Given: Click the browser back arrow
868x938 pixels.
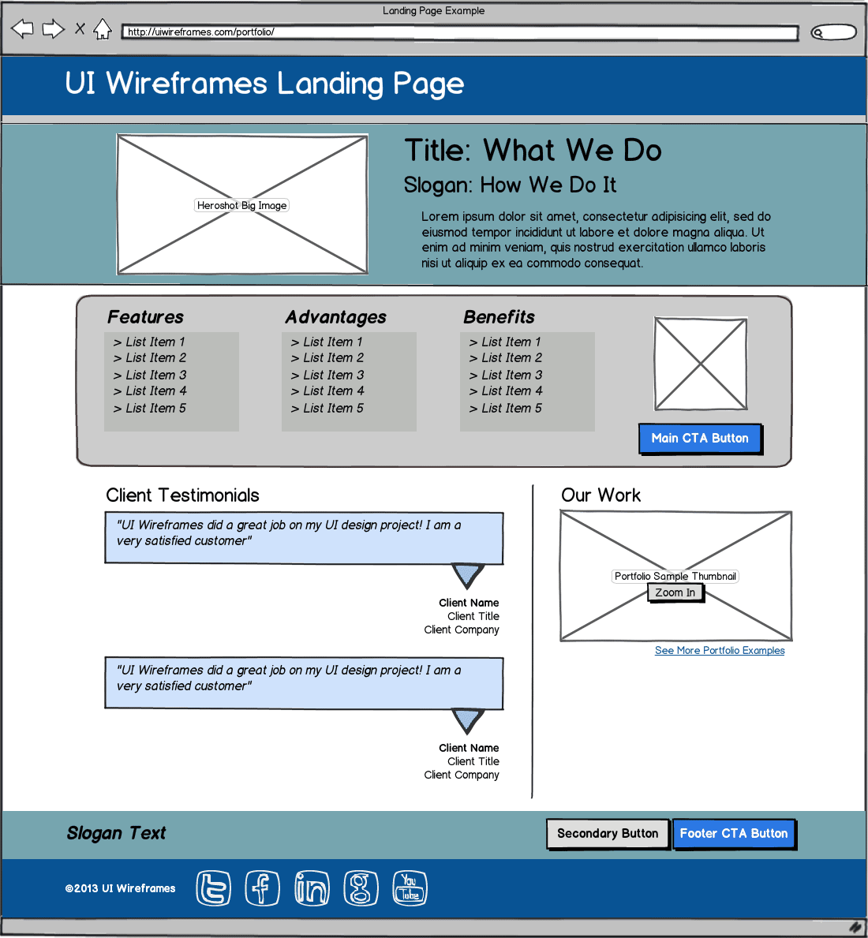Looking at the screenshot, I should (22, 30).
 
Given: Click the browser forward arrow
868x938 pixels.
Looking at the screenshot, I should (53, 30).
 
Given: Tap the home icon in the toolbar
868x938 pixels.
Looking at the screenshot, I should (103, 30).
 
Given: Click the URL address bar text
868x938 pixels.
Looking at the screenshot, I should (201, 32).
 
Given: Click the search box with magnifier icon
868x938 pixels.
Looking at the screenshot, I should (834, 32).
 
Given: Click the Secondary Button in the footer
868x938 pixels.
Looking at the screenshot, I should (607, 834).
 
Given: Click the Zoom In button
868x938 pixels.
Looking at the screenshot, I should (675, 592).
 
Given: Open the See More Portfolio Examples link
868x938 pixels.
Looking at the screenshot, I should (720, 651).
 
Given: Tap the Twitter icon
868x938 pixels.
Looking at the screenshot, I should (213, 888).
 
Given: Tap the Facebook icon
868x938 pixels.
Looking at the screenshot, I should (262, 888).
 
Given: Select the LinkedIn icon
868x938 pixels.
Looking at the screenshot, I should (312, 888).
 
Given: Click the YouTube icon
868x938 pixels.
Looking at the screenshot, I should (410, 888).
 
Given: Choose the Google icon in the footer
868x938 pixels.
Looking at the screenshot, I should (361, 888).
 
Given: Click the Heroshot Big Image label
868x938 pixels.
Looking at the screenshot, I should (242, 205).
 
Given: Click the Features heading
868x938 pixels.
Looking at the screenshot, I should (145, 317).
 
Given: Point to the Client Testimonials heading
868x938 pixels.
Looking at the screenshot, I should (182, 495).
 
